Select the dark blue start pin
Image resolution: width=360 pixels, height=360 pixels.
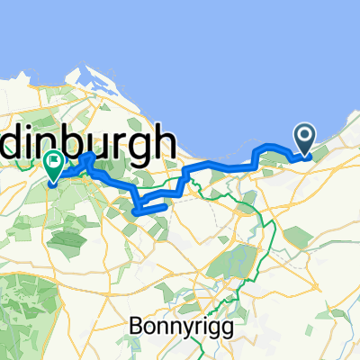(305, 140)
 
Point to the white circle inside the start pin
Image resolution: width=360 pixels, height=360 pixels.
(305, 136)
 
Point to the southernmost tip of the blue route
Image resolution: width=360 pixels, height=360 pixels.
(135, 211)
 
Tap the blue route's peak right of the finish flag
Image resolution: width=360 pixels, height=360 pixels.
(90, 157)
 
